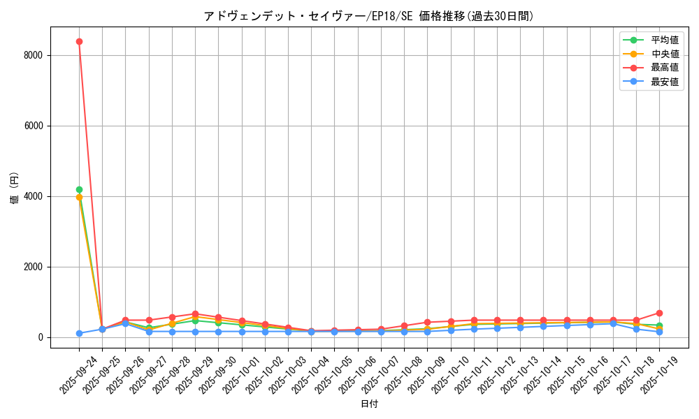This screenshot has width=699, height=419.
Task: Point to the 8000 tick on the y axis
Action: (34, 55)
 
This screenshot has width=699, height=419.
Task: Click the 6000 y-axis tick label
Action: (34, 126)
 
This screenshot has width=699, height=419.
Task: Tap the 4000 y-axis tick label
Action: (34, 196)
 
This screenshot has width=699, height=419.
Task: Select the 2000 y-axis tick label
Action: (34, 267)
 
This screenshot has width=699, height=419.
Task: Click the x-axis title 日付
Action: (368, 404)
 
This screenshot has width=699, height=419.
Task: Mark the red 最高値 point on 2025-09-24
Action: (79, 41)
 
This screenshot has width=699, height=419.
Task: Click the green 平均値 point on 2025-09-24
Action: (79, 189)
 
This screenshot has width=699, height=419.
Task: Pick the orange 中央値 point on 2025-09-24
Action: (79, 197)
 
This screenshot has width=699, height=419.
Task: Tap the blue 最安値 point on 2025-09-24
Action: (79, 333)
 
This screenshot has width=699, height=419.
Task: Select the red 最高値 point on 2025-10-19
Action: (659, 313)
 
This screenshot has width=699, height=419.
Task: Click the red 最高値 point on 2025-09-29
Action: (195, 314)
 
